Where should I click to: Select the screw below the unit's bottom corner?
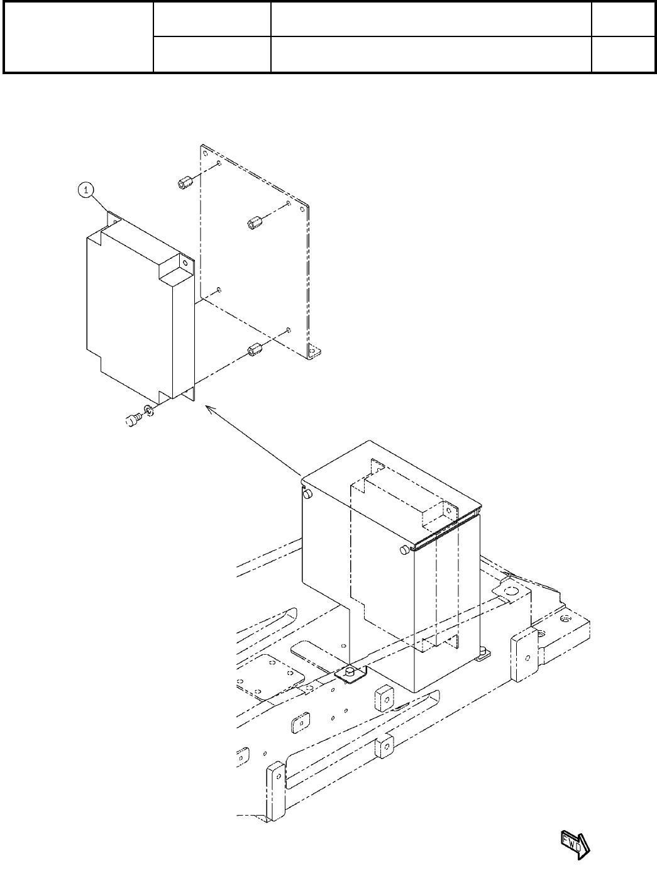coord(133,420)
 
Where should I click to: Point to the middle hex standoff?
coord(254,222)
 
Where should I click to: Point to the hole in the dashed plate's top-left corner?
coord(205,151)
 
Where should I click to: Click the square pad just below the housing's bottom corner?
coord(384,697)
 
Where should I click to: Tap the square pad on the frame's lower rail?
coord(385,747)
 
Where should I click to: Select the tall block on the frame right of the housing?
coord(524,657)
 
